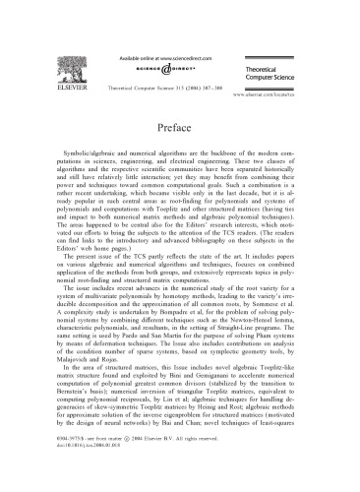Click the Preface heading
pyautogui.click(x=180, y=130)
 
